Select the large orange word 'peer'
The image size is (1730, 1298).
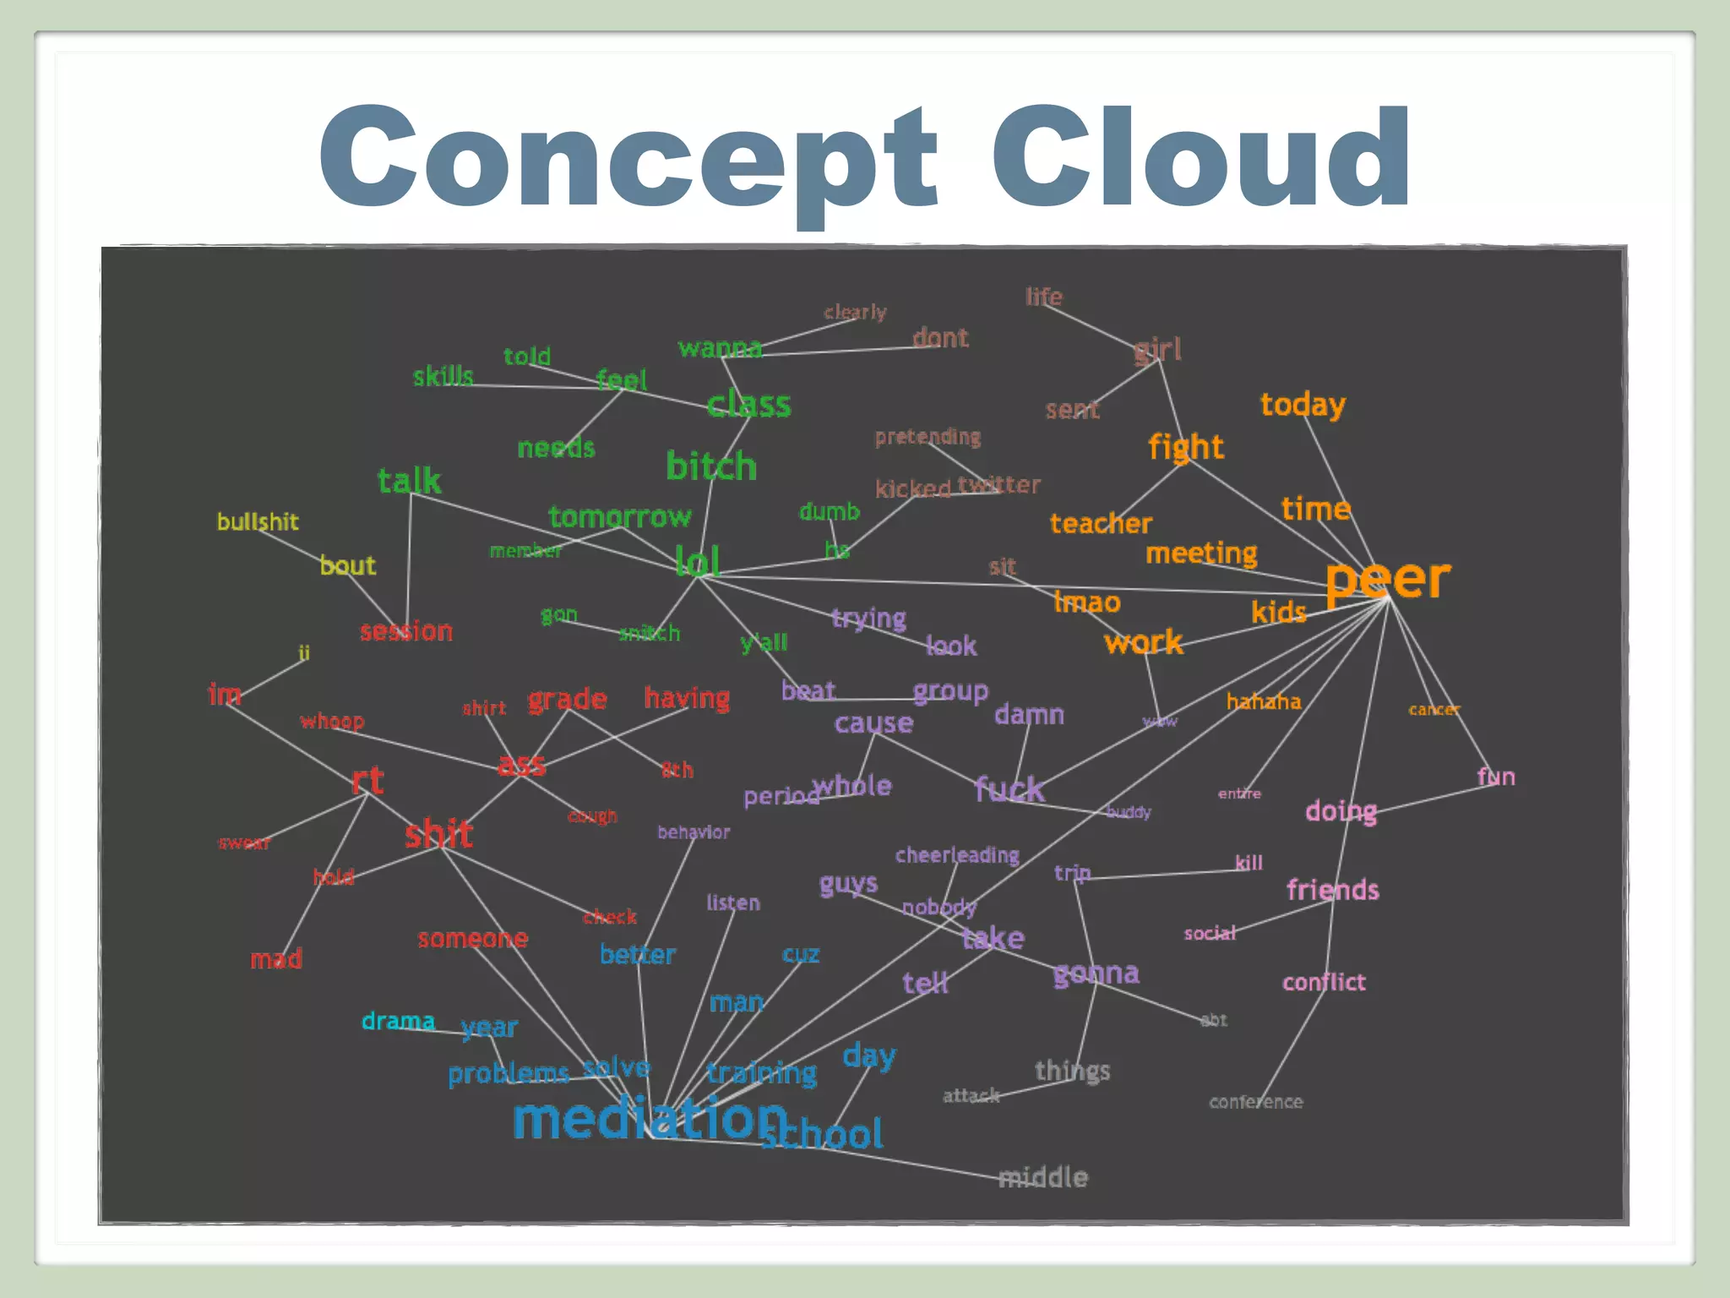tap(1388, 580)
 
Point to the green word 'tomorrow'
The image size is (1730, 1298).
tap(619, 516)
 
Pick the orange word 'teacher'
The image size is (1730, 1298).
tap(1101, 524)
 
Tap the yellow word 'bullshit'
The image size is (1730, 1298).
tap(258, 521)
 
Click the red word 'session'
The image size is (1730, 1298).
tap(406, 631)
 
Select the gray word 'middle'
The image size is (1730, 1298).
tap(1044, 1177)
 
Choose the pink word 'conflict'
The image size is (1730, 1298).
tap(1324, 982)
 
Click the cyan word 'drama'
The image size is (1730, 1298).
tap(398, 1021)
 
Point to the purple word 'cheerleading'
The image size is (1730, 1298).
tap(957, 855)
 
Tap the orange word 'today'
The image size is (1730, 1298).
tap(1303, 405)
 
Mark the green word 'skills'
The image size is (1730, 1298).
tap(443, 376)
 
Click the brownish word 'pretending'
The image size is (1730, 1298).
tap(928, 437)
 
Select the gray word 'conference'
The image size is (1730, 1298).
tap(1256, 1102)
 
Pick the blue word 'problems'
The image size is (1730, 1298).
tap(509, 1074)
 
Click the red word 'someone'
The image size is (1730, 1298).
tap(472, 939)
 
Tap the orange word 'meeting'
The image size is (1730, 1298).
tap(1201, 554)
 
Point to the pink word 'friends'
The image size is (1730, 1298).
tap(1332, 890)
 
